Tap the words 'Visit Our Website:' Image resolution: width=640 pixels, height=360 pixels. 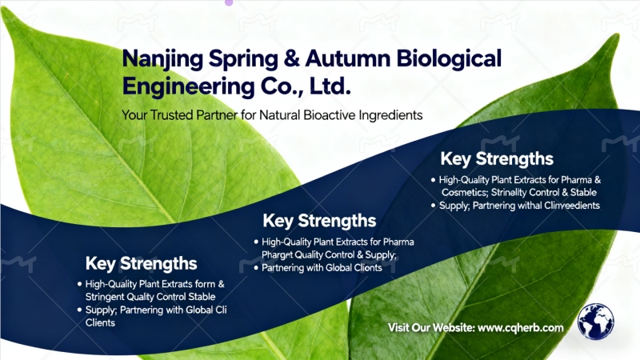pos(431,328)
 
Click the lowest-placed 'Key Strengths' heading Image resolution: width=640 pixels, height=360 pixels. pos(141,263)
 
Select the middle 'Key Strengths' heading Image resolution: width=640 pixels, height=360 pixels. pos(319,221)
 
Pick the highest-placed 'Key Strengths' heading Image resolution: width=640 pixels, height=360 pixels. pos(497,158)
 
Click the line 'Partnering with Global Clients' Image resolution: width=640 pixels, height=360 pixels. pos(322,268)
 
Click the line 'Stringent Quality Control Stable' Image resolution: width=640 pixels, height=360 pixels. pos(150,296)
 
